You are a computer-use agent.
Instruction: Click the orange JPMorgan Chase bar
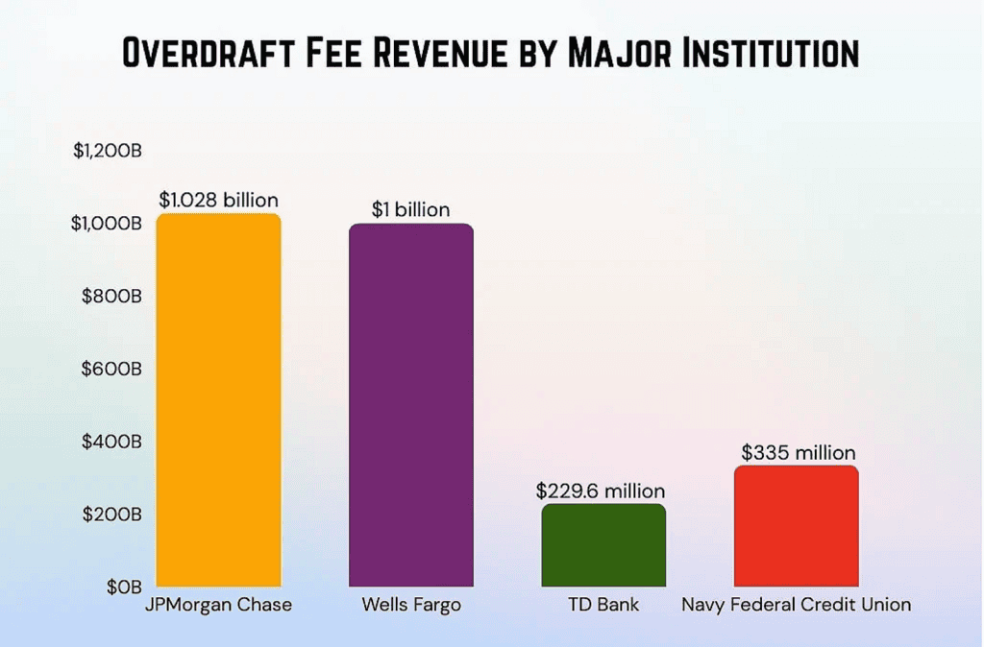[218, 400]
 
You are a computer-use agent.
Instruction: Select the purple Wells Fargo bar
[411, 405]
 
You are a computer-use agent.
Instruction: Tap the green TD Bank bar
[603, 545]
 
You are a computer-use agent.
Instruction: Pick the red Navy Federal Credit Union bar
[796, 526]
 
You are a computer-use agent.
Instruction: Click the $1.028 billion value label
[218, 201]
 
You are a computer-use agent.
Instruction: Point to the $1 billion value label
[411, 210]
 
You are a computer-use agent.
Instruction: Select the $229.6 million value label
[601, 491]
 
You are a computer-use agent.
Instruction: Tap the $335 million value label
[798, 453]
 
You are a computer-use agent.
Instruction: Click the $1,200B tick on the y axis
[108, 152]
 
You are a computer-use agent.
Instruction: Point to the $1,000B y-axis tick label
[108, 224]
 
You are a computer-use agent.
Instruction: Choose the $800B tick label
[113, 297]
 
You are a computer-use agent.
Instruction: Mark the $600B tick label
[113, 369]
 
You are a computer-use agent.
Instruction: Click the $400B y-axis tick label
[113, 442]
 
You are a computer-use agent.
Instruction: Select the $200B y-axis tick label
[113, 514]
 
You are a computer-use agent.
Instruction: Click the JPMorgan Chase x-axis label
[218, 606]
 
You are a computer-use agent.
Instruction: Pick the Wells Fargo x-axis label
[411, 606]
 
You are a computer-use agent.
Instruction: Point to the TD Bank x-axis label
[603, 606]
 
